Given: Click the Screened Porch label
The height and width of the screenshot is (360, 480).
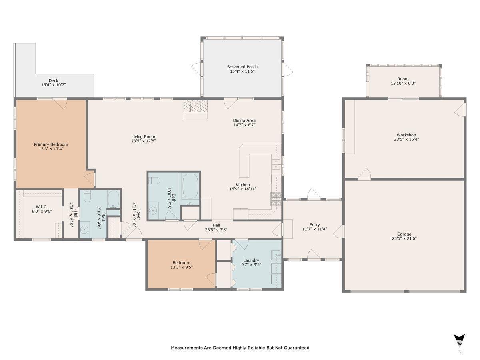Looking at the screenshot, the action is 242,67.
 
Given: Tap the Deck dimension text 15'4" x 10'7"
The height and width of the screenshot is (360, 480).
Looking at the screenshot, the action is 53,85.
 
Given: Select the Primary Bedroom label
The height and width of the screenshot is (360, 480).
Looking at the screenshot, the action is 51,144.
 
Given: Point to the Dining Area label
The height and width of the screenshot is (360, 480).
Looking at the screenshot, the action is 244,120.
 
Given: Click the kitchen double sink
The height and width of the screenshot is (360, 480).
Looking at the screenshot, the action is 276,164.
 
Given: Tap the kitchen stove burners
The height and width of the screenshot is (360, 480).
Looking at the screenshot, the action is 276,199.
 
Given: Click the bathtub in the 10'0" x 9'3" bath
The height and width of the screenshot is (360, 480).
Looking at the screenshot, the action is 190,186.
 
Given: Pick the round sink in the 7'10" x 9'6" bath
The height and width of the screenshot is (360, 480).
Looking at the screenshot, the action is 84,230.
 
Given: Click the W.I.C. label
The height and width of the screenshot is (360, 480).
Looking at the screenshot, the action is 42,206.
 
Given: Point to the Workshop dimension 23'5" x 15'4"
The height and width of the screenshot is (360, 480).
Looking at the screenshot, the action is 406,139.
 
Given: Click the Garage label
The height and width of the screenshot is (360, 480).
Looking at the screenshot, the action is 404,234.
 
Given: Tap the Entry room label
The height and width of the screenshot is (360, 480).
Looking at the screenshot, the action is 314,225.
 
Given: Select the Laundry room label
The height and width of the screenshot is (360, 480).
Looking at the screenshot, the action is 251,260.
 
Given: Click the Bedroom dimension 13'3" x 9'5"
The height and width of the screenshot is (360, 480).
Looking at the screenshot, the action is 181,267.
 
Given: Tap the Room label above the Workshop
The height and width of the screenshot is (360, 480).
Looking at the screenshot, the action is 403,79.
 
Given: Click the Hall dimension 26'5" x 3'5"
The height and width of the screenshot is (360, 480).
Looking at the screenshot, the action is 216,230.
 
